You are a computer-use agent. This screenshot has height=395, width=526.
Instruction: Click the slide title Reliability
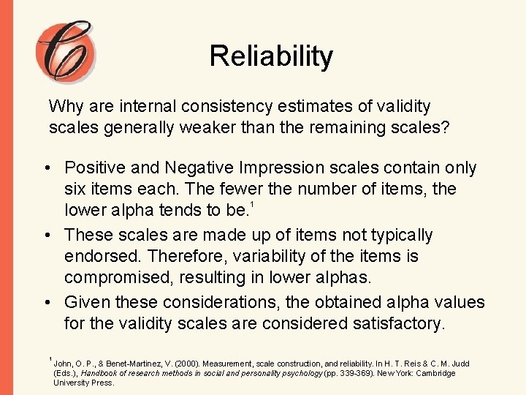coord(270,56)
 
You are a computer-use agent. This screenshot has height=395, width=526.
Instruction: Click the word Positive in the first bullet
coord(94,168)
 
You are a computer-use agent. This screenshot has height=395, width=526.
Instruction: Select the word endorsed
coord(99,257)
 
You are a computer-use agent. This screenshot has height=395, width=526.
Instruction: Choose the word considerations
coord(220,302)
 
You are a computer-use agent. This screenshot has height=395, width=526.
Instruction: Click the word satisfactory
coord(395,323)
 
